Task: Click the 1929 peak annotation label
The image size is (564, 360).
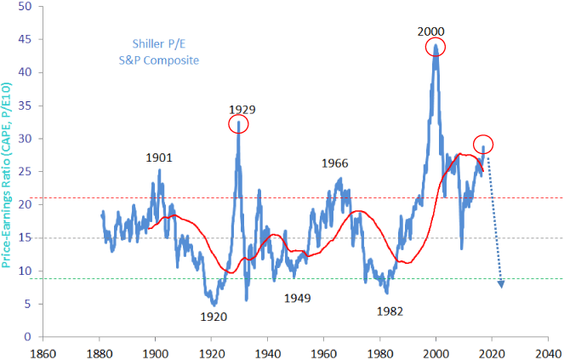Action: [x=242, y=110]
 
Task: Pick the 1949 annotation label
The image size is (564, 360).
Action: [x=298, y=298]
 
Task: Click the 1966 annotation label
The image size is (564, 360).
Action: [x=335, y=163]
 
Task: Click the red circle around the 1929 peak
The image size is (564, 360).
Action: [x=240, y=125]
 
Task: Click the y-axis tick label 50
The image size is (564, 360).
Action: [x=25, y=6]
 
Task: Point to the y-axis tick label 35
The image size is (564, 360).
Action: [x=25, y=106]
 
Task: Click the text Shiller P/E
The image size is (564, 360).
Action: [x=161, y=44]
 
